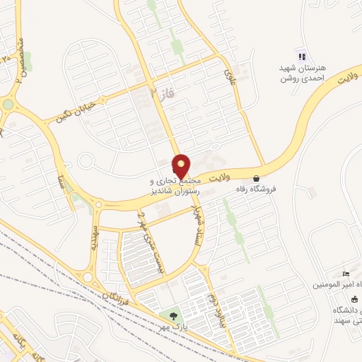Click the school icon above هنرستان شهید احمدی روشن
302,56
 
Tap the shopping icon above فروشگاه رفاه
255,179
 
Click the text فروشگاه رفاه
255,189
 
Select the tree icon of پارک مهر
173,315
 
